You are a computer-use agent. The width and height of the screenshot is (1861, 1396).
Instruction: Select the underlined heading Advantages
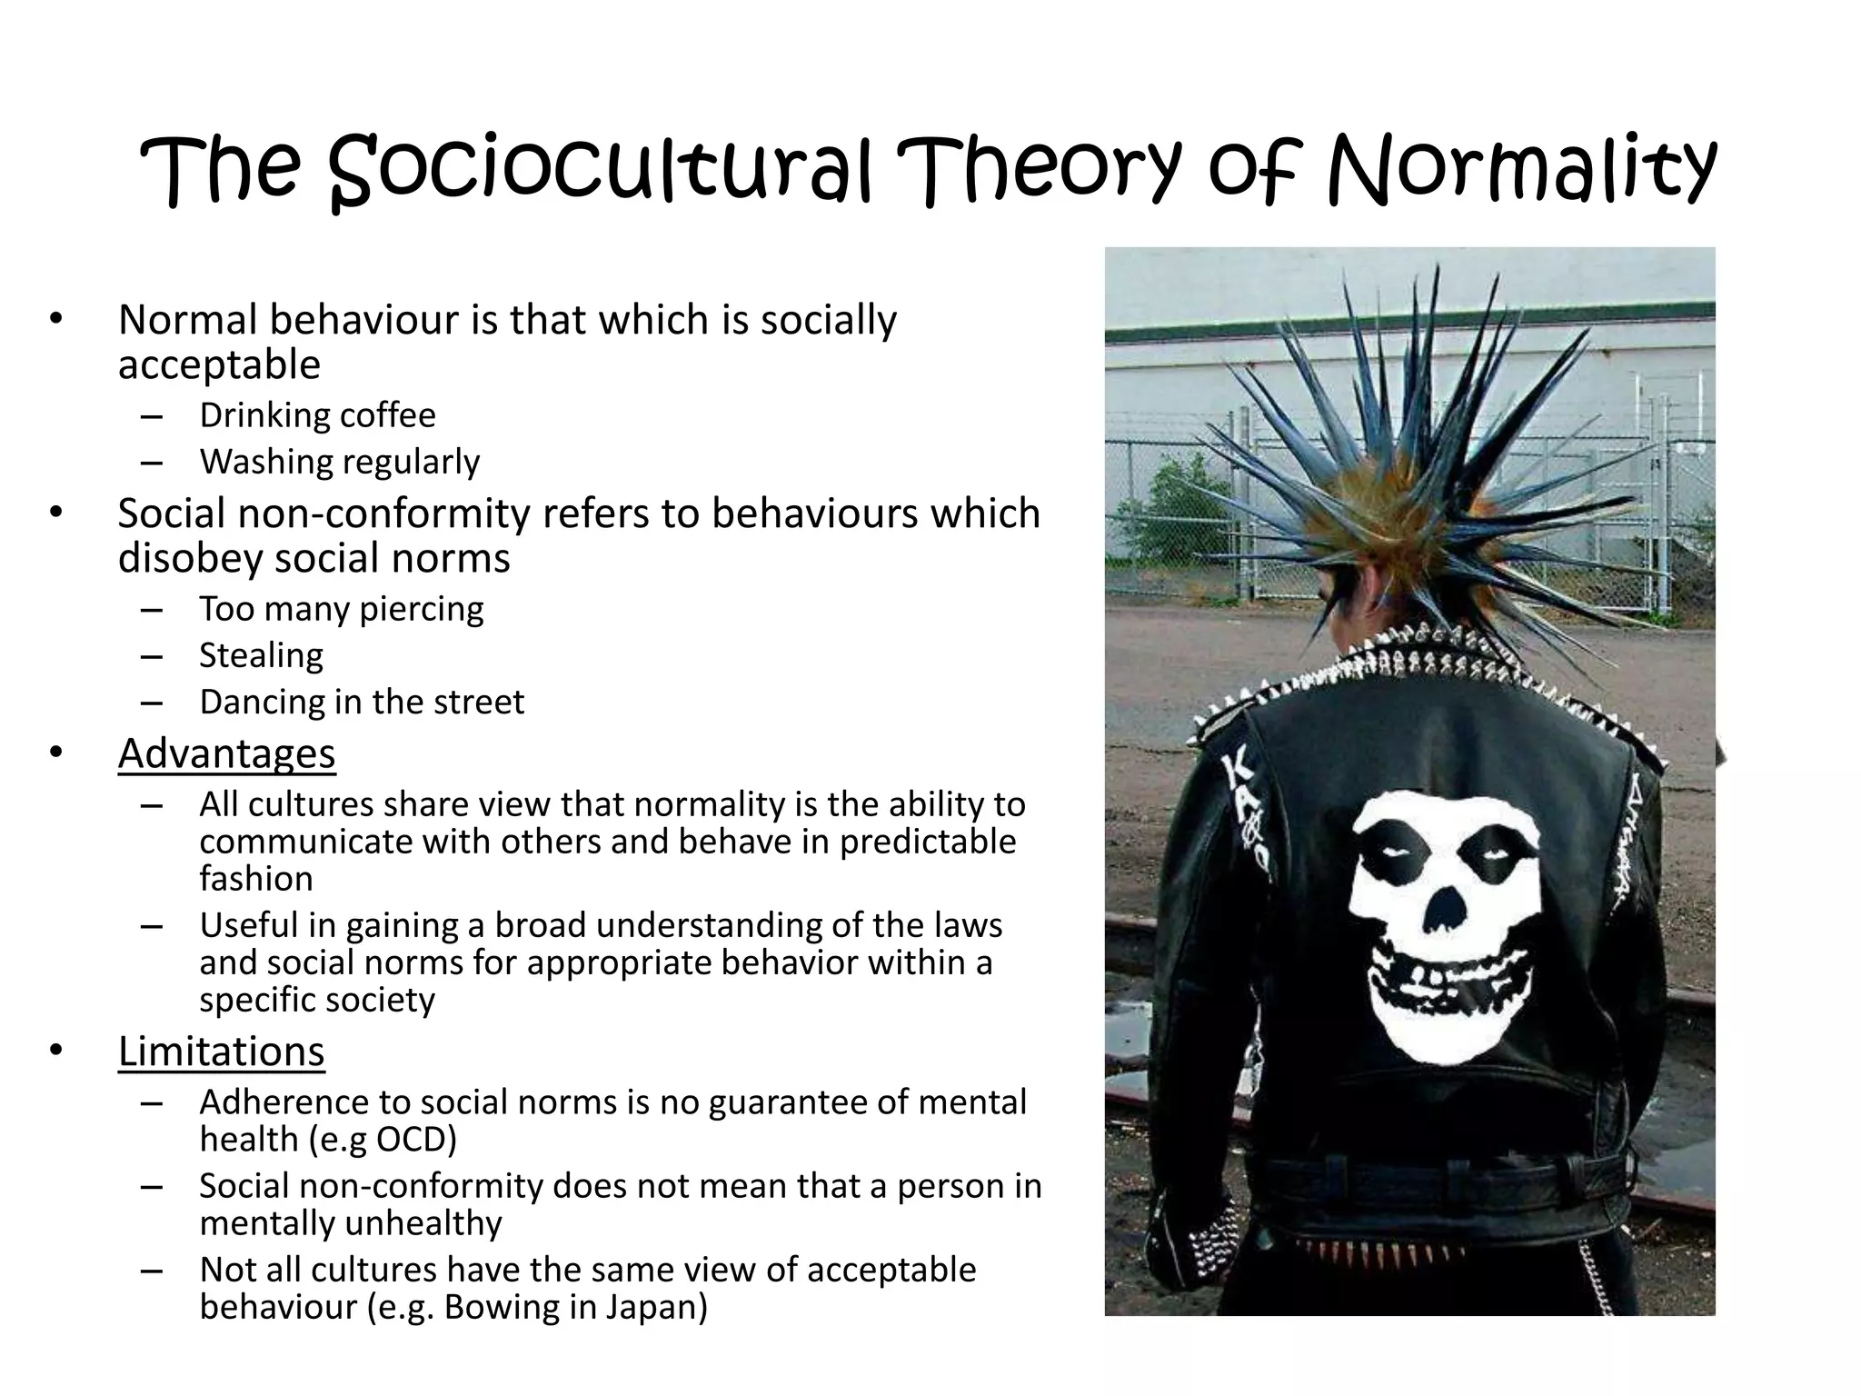[x=226, y=753]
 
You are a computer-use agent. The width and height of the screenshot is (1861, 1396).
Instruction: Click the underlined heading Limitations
[x=221, y=1051]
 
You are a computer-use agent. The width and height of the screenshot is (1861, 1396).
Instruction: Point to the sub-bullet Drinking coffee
[x=317, y=415]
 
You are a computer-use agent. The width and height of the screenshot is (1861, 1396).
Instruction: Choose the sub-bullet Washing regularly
[x=339, y=462]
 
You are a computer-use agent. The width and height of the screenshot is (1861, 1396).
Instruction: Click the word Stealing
[x=261, y=655]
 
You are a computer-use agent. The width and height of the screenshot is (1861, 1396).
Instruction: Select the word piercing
[x=422, y=609]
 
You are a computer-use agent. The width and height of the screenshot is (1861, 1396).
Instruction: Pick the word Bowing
[x=496, y=1307]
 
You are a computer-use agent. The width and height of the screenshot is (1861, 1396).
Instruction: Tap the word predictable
[x=928, y=842]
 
